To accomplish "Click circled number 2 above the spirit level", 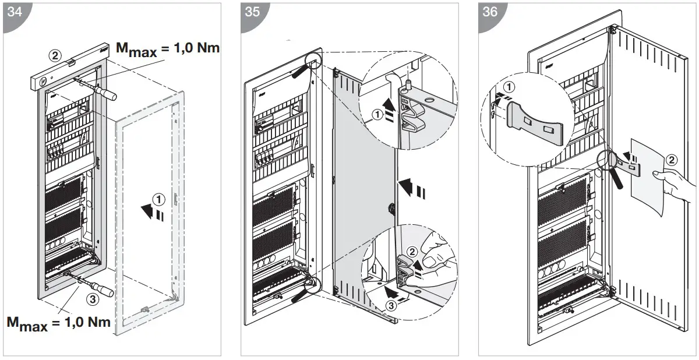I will click(x=54, y=55).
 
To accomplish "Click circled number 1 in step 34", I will click(x=157, y=199).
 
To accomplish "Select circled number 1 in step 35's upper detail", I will click(x=378, y=115).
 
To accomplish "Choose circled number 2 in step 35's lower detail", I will click(x=412, y=252).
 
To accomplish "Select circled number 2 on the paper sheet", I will click(x=671, y=159).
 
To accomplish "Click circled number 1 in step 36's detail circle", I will click(x=510, y=87).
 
